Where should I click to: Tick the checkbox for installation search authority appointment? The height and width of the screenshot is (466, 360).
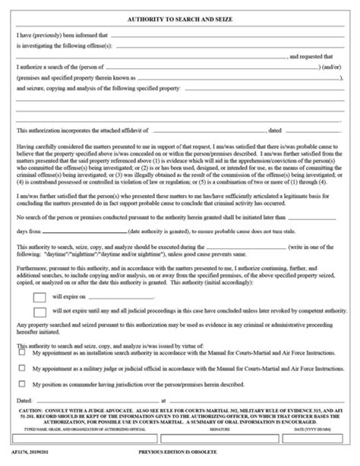[23, 374]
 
